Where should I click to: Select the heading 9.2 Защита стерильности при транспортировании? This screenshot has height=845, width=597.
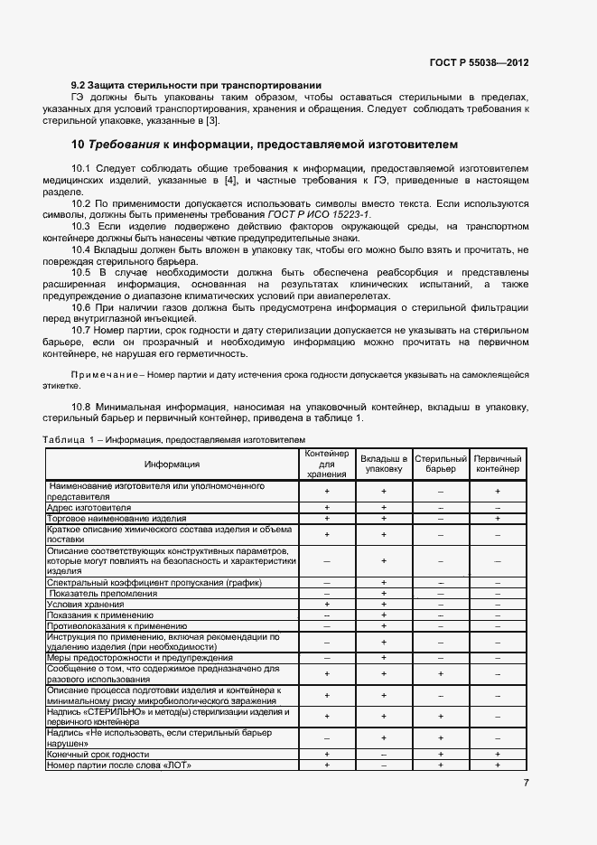coord(196,86)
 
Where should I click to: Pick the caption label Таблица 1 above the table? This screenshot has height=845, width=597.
coord(72,438)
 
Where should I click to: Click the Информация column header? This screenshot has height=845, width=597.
coord(173,464)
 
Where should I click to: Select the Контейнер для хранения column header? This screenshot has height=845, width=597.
coord(326,464)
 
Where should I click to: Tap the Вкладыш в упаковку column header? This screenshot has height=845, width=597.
coord(384,464)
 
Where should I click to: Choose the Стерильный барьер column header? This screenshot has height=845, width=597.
coord(441,465)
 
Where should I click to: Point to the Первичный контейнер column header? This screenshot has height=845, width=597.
coord(498,465)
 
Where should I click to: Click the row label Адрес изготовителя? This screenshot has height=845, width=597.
coord(89,508)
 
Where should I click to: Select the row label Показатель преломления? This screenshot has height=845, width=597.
coord(102,594)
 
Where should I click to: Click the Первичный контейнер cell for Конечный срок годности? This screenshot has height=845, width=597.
coord(498,754)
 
